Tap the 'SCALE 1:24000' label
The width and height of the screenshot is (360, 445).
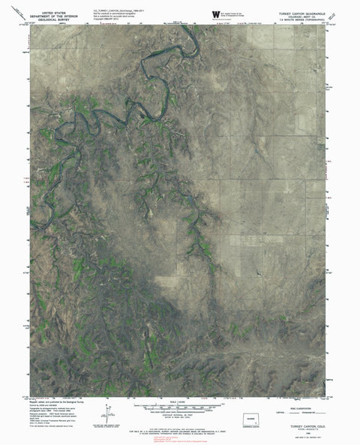(180, 400)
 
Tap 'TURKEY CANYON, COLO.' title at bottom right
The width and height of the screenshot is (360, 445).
(300, 425)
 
